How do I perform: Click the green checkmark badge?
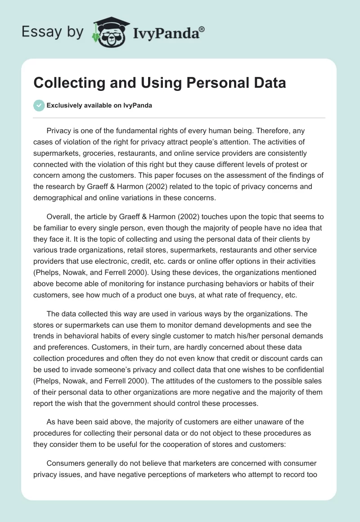coord(39,106)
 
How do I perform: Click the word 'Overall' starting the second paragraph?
coord(58,217)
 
